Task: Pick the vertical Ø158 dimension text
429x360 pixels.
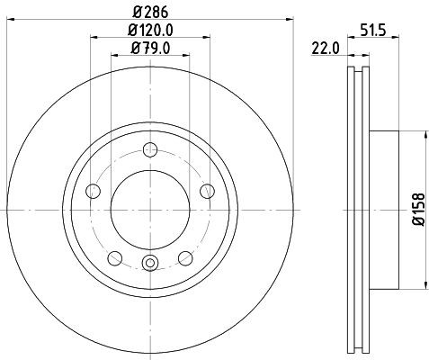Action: [415, 210]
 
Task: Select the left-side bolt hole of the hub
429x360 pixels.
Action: [92, 190]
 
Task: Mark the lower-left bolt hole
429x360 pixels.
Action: [114, 256]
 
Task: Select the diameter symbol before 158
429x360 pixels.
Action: [415, 228]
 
